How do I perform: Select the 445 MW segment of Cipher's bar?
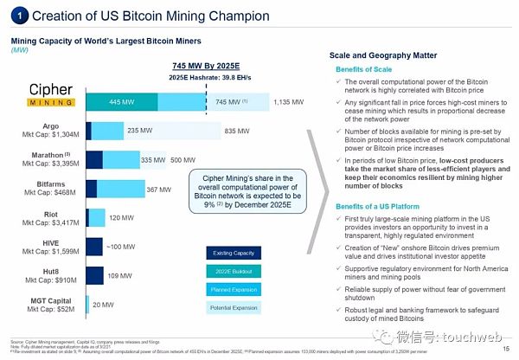[120, 102]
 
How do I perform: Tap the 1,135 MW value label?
[288, 102]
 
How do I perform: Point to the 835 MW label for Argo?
[237, 131]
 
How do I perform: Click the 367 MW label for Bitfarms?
[158, 189]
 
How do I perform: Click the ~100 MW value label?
[118, 247]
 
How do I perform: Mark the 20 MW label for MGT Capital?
[103, 305]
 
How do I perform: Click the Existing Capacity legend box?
[232, 253]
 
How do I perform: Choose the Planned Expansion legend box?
[232, 288]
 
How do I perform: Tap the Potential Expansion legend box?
[232, 306]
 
